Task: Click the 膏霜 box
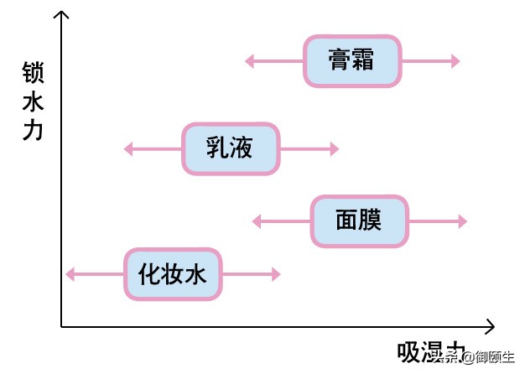351,61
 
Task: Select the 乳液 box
230,149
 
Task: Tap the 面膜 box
359,221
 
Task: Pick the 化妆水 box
173,274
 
